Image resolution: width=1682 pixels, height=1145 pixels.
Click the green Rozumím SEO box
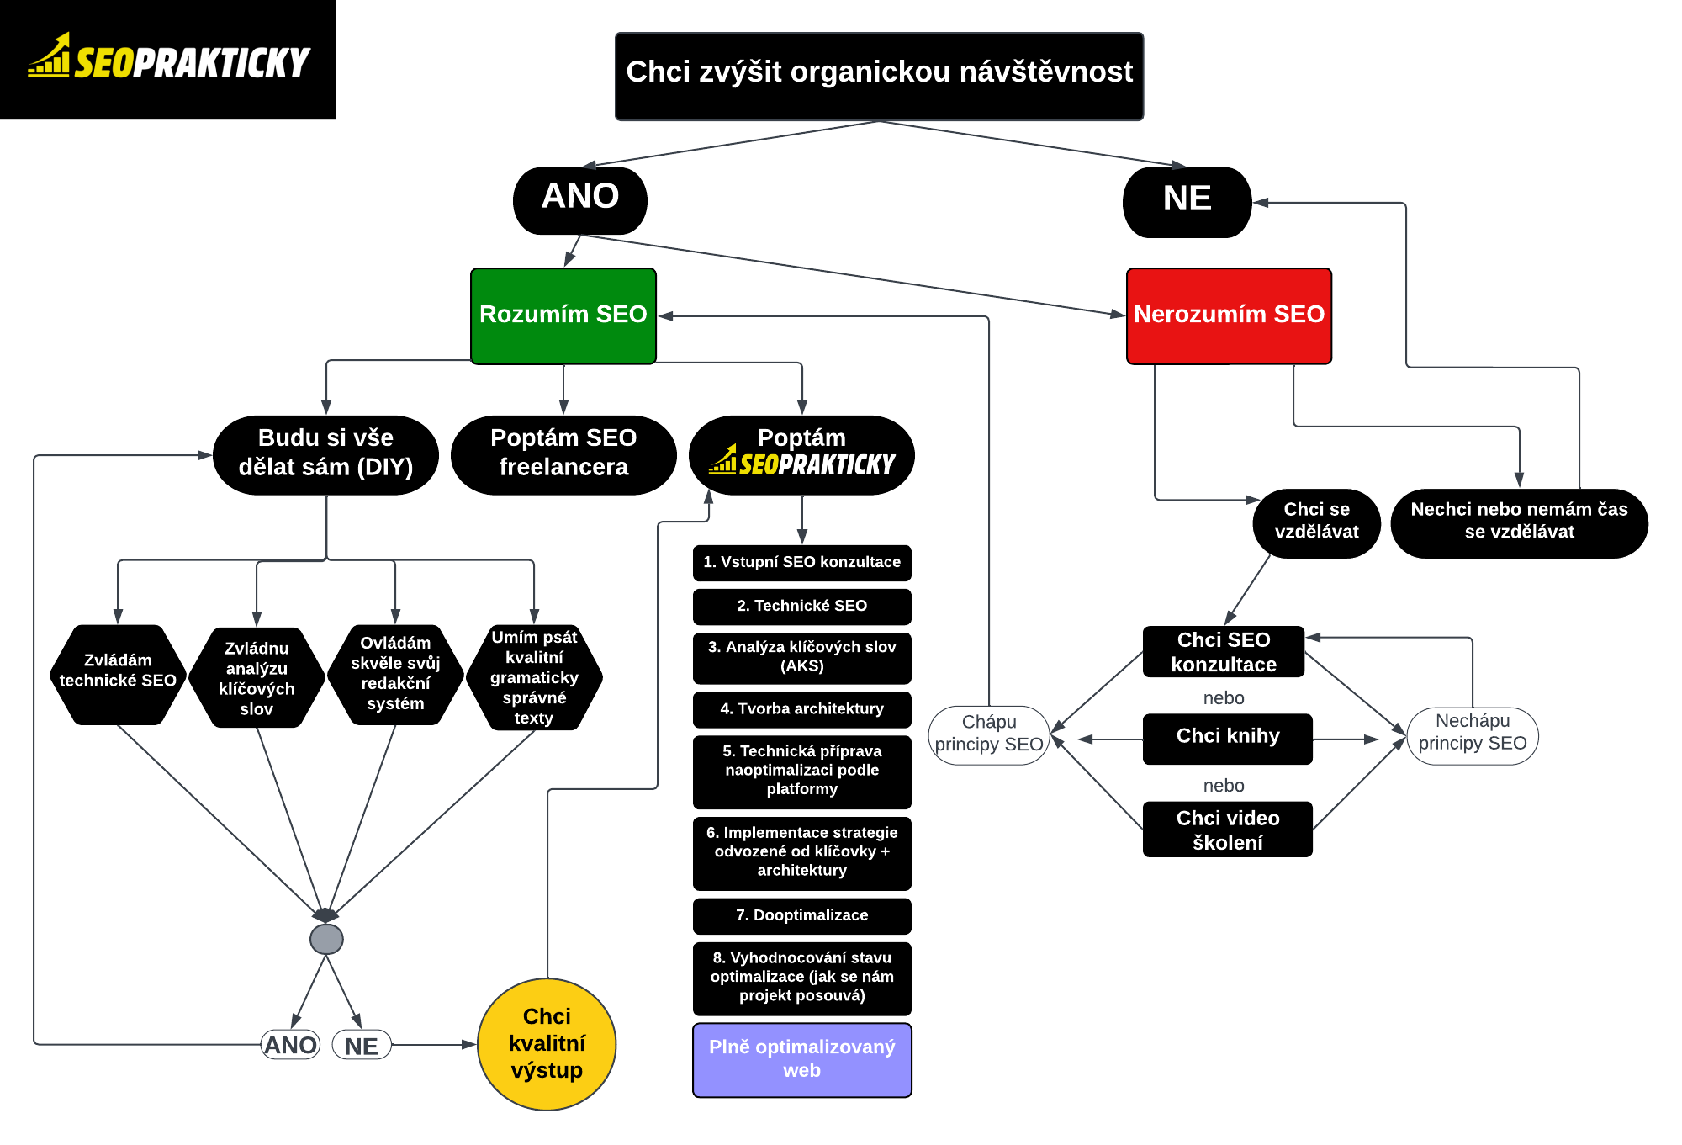[563, 315]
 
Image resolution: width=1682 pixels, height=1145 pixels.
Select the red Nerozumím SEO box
[1229, 315]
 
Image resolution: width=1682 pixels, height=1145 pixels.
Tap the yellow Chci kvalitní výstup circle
[547, 1044]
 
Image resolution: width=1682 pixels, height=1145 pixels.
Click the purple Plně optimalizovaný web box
[801, 1059]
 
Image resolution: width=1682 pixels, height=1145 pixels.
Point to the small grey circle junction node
[326, 939]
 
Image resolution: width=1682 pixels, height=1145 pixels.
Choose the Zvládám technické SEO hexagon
[118, 674]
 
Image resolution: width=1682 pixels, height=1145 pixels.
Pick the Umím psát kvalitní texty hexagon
[534, 676]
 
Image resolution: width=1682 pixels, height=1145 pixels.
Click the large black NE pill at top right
[1187, 201]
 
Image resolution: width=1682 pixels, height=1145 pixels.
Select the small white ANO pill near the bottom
[290, 1045]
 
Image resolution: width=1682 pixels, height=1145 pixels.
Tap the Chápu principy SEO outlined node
[989, 734]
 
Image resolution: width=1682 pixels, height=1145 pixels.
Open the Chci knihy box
[1227, 738]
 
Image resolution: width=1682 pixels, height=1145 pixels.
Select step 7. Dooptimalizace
[801, 915]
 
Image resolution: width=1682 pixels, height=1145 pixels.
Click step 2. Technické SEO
[801, 606]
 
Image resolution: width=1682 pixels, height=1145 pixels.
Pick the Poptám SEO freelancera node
[563, 453]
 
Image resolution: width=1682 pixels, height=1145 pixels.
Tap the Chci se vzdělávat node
[1316, 522]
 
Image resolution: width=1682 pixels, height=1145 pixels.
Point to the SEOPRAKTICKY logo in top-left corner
[168, 59]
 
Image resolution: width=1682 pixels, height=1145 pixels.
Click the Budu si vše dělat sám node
[325, 453]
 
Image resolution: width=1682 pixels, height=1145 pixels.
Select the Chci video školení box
[1227, 829]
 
